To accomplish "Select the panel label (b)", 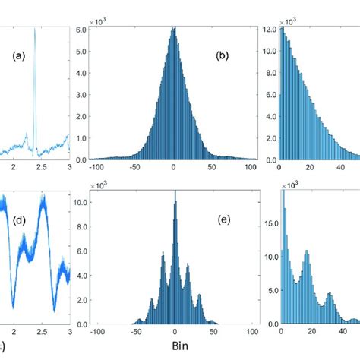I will coord(225,55).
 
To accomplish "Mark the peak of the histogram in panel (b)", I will coord(174,28).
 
